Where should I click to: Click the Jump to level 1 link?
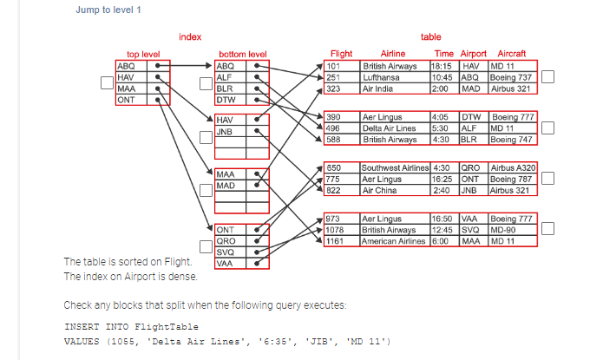point(108,10)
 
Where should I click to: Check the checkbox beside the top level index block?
point(105,83)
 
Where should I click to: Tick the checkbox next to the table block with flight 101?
point(547,77)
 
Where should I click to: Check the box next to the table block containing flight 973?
point(547,230)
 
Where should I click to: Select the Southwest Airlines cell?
point(395,167)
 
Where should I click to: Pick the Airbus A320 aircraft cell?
point(513,167)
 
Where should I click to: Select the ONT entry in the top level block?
point(127,99)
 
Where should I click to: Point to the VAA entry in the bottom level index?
point(225,263)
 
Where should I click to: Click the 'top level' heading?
point(143,54)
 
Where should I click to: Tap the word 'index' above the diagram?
point(190,36)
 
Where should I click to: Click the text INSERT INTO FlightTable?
point(131,327)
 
